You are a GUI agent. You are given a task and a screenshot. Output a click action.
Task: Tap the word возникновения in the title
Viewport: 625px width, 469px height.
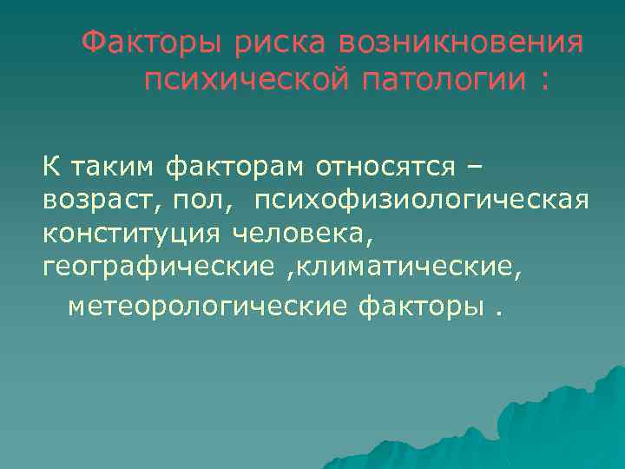coord(461,43)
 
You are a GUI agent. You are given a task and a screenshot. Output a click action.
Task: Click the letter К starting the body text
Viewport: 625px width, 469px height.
coord(50,166)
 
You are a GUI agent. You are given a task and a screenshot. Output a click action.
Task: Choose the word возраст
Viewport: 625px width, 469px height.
coord(92,201)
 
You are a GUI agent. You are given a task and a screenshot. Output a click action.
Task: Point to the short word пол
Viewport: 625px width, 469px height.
coord(194,201)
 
